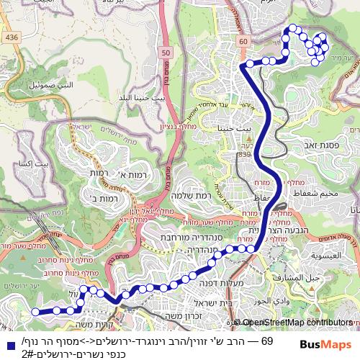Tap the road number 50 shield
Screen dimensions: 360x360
click(166, 52)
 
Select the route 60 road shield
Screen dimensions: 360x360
click(243, 42)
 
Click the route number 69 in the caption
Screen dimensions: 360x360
click(266, 339)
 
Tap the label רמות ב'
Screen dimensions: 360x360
click(106, 196)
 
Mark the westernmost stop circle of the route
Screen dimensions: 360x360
click(35, 312)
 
